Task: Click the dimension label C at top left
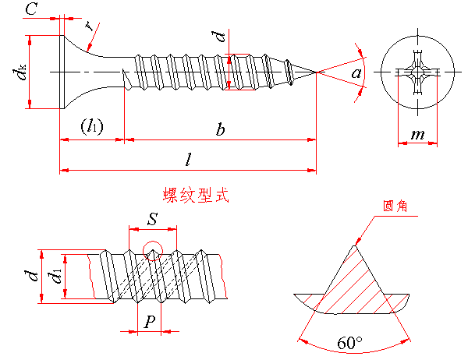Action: [31, 9]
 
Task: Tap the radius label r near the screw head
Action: [91, 26]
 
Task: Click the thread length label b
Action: [221, 130]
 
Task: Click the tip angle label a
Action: [356, 73]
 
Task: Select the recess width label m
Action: [417, 135]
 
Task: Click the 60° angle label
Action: [350, 343]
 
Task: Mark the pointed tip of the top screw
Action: [315, 72]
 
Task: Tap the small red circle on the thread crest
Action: [153, 251]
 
